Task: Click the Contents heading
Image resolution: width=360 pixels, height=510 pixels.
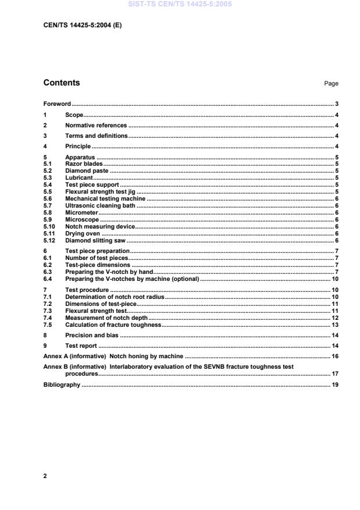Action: (62, 83)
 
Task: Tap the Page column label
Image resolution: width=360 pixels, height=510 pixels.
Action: (331, 84)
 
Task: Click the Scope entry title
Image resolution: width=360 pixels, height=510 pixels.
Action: (74, 115)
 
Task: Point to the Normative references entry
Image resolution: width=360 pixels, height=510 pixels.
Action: (95, 125)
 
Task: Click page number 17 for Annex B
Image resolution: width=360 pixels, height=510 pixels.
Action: (335, 373)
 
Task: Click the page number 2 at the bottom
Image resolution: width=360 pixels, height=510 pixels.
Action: (45, 476)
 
